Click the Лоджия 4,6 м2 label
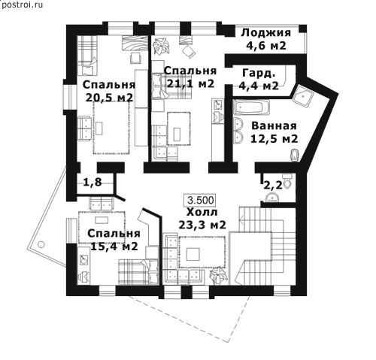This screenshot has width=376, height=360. (266, 39)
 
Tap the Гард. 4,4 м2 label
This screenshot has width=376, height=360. (259, 80)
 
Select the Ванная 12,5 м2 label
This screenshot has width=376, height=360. (274, 132)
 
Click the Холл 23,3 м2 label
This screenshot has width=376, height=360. (202, 219)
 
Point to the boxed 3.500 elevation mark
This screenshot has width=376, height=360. (201, 200)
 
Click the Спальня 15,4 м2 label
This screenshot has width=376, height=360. (114, 240)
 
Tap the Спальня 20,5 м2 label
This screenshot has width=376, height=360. (109, 91)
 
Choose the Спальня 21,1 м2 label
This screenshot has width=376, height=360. (190, 77)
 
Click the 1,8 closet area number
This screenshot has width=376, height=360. (92, 182)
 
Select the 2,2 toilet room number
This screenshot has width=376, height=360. (273, 186)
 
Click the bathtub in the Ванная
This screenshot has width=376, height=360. (251, 107)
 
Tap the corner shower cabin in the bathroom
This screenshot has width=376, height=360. (303, 96)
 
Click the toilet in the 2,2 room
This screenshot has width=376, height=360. (287, 181)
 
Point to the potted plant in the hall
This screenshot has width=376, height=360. (217, 276)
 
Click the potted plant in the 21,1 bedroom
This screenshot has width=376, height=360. (161, 46)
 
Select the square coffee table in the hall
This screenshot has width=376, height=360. (193, 254)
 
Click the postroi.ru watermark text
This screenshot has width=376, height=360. (22, 5)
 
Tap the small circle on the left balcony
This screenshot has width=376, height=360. (41, 244)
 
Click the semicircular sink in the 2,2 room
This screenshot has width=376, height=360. (271, 197)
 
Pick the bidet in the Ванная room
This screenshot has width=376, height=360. (294, 155)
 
